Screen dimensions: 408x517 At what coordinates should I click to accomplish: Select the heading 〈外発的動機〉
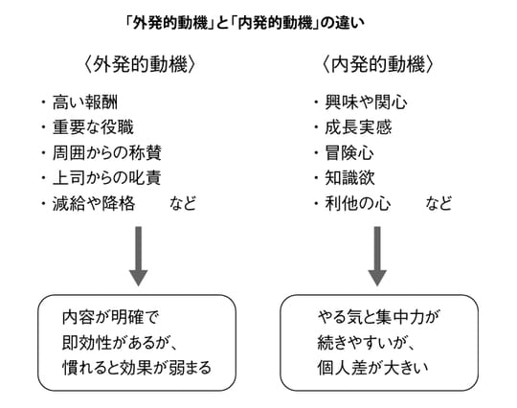pyautogui.click(x=140, y=66)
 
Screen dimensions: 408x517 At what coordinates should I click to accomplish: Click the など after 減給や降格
pyautogui.click(x=183, y=204)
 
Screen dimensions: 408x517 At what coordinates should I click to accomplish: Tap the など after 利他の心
pyautogui.click(x=439, y=204)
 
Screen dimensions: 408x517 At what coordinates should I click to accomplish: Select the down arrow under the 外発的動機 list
pyautogui.click(x=139, y=256)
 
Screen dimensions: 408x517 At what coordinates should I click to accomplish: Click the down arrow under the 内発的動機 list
pyautogui.click(x=377, y=256)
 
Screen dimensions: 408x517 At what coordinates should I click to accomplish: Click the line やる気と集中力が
pyautogui.click(x=374, y=317)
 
